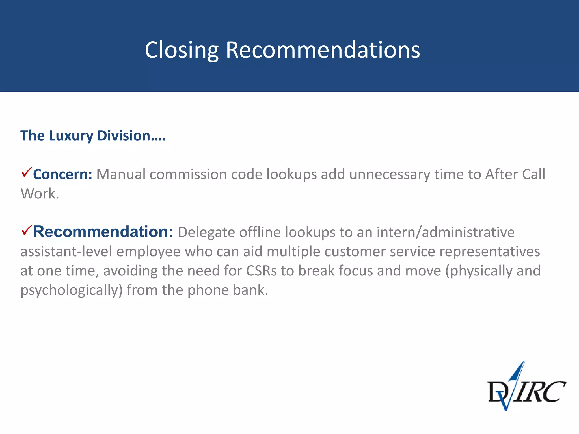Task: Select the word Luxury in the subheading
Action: (x=71, y=136)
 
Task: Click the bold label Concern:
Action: (x=62, y=174)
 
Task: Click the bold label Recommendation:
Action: (x=103, y=232)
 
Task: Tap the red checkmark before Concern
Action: (x=27, y=172)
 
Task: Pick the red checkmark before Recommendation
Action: (x=27, y=230)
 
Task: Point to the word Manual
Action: (x=121, y=174)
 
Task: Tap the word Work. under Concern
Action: (x=40, y=194)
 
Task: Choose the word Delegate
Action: (x=206, y=232)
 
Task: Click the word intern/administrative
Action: (x=445, y=232)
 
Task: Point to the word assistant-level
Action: (x=66, y=251)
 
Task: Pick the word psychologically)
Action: (x=72, y=290)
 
